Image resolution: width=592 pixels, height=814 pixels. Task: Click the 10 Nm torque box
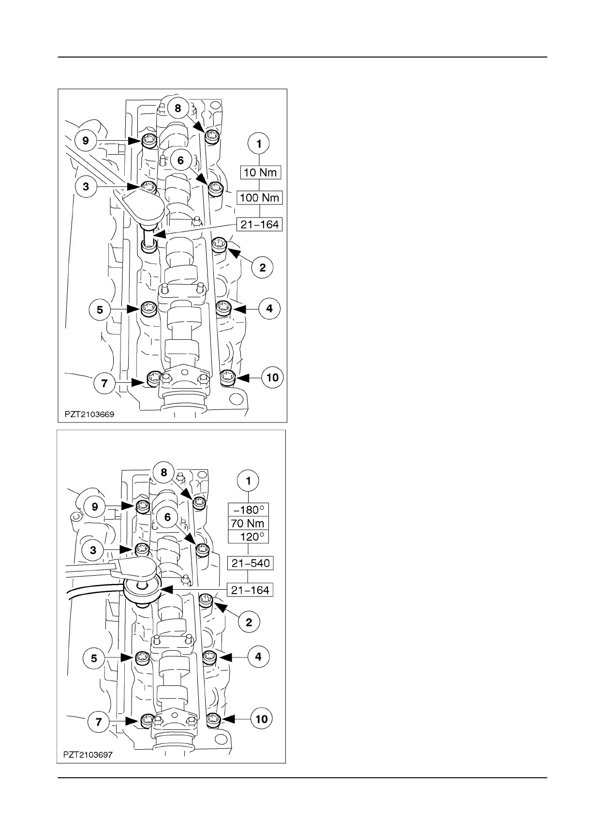(x=260, y=172)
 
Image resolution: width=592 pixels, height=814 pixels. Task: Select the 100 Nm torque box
(x=260, y=198)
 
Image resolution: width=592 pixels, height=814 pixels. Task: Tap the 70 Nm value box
(x=248, y=523)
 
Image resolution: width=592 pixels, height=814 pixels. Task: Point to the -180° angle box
(x=248, y=510)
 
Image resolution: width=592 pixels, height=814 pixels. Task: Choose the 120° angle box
(x=248, y=537)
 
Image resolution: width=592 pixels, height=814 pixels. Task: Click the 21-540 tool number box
(x=251, y=563)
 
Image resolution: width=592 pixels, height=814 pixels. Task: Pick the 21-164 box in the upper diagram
(x=260, y=224)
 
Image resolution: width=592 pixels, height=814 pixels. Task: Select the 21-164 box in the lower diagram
(x=251, y=590)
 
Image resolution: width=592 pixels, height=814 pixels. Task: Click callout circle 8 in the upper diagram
(x=178, y=108)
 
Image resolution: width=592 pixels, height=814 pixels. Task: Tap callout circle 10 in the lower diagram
(x=262, y=719)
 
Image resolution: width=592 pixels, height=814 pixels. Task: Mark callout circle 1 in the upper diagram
(x=260, y=144)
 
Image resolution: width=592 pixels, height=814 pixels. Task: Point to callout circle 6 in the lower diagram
(x=167, y=518)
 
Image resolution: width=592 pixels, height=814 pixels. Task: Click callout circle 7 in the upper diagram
(x=105, y=384)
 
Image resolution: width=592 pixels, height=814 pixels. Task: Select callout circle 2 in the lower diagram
(x=249, y=622)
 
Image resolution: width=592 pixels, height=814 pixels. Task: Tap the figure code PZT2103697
(x=88, y=755)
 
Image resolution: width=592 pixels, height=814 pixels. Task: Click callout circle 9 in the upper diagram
(x=86, y=141)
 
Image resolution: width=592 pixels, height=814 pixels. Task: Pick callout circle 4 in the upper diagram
(x=269, y=308)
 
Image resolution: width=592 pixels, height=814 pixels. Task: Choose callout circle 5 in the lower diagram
(x=94, y=658)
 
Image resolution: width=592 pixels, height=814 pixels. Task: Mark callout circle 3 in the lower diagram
(x=93, y=550)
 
